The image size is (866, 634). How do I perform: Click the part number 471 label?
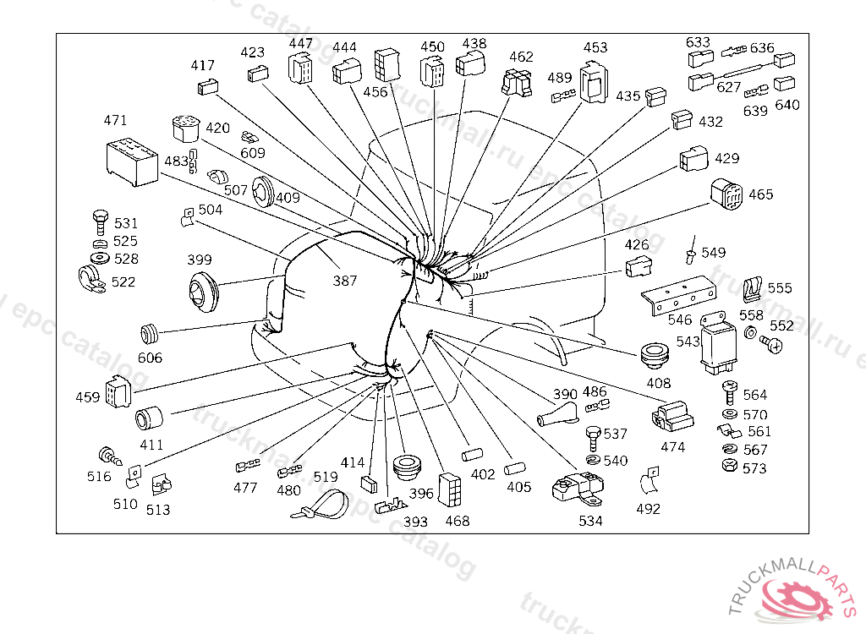115,121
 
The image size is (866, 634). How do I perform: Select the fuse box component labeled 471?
132,161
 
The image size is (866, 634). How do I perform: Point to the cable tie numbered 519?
321,506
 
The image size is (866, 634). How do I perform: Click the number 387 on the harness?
344,281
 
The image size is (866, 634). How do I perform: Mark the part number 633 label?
698,42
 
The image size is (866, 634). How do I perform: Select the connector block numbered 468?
449,488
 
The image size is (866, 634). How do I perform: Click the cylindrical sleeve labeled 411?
151,419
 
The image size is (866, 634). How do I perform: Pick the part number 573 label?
754,467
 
